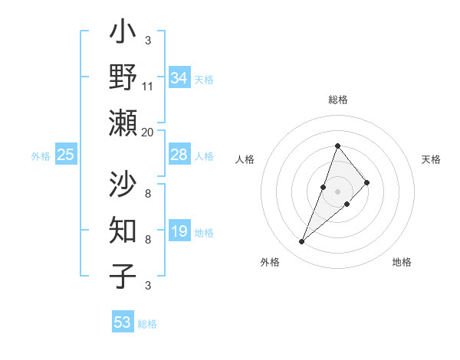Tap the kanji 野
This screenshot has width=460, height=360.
pos(123,77)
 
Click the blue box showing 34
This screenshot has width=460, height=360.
pos(179,78)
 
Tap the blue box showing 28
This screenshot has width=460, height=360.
pos(179,155)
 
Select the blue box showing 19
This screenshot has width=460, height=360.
pos(179,231)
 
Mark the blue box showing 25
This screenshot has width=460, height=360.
pos(65,155)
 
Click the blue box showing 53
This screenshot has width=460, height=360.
pos(122,322)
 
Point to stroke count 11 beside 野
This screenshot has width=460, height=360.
pos(148,87)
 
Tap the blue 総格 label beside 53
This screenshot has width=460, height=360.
pos(147,324)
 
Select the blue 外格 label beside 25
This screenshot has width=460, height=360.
pos(41,156)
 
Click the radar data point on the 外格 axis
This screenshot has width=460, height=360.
pos(301,242)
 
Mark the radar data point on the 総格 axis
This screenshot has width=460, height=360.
pos(337,146)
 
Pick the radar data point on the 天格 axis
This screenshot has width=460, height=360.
pos(367,182)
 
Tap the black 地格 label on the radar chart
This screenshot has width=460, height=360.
pos(402,262)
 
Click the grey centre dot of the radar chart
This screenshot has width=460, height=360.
pos(337,191)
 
